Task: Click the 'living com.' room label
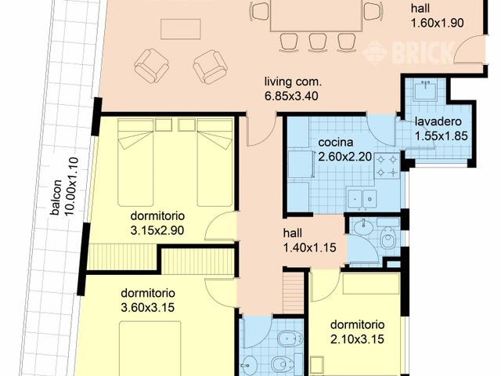pyautogui.click(x=294, y=82)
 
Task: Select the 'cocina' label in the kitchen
pyautogui.click(x=334, y=143)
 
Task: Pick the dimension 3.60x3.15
pyautogui.click(x=146, y=306)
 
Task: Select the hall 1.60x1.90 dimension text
pyautogui.click(x=438, y=23)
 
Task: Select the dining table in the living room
pyautogui.click(x=316, y=16)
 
